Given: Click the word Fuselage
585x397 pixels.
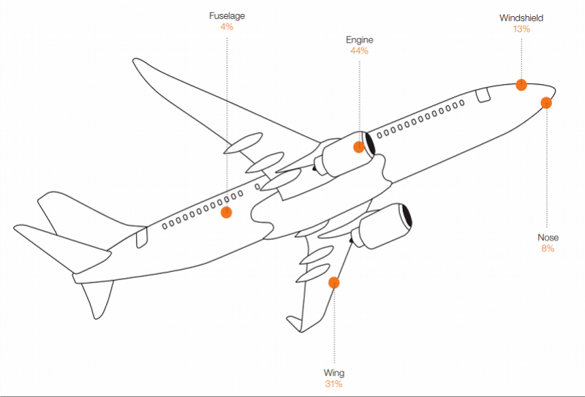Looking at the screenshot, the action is click(x=227, y=16).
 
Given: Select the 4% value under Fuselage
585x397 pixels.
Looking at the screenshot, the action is click(x=227, y=27).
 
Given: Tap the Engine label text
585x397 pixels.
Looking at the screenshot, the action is click(x=359, y=40).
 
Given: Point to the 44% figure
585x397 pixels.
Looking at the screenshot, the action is click(x=359, y=50).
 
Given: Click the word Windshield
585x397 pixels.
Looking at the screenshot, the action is click(x=521, y=18).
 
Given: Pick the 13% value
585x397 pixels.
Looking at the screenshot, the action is click(x=521, y=29).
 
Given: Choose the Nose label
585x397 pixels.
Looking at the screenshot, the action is click(x=548, y=238).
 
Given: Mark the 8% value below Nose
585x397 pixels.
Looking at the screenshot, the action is click(x=548, y=249).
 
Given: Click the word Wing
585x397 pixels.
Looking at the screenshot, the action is click(x=334, y=373).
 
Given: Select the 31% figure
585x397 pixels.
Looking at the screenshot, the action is click(x=334, y=384).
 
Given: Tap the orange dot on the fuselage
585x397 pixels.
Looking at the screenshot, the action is click(x=226, y=212).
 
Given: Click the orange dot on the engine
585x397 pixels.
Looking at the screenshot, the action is click(x=358, y=147).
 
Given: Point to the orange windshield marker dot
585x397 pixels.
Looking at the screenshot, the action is click(x=521, y=85).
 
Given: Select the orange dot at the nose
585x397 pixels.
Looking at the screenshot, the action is click(x=546, y=102).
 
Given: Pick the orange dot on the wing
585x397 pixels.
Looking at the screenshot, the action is click(x=334, y=283).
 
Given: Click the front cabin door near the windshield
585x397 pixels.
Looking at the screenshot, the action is click(x=483, y=95).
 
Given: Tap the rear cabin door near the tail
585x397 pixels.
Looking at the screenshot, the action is click(x=142, y=238).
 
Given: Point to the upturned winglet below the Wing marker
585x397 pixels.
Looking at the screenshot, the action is click(x=295, y=323).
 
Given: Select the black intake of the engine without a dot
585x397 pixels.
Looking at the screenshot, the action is click(x=406, y=216).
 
